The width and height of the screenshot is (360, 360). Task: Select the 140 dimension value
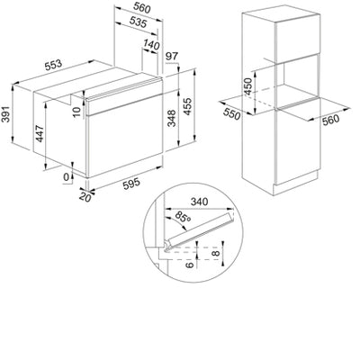pyautogui.click(x=151, y=45)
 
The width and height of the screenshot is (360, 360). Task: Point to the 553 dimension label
pyautogui.click(x=54, y=67)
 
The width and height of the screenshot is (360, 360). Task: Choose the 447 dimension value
pyautogui.click(x=39, y=134)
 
